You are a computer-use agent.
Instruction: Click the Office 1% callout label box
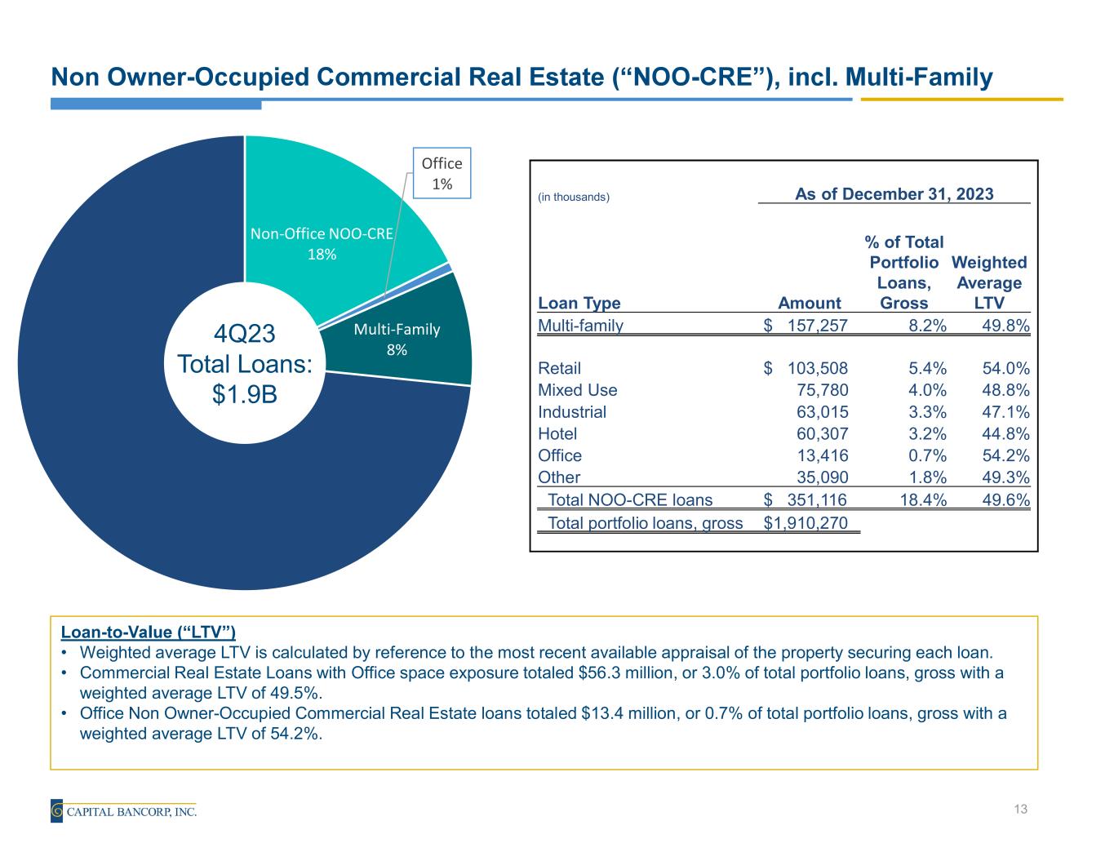pyautogui.click(x=442, y=173)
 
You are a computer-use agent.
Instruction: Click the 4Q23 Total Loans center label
pyautogui.click(x=245, y=363)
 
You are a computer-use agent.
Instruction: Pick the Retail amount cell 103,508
pyautogui.click(x=817, y=368)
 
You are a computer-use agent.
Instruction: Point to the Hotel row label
pyautogui.click(x=557, y=434)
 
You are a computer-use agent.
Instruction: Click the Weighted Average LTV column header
pyautogui.click(x=989, y=282)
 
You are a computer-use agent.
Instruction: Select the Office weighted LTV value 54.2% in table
pyautogui.click(x=1005, y=455)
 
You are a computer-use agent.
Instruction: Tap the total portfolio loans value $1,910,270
pyautogui.click(x=805, y=523)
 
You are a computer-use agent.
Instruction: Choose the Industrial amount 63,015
pyautogui.click(x=822, y=412)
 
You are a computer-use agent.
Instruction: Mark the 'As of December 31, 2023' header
pyautogui.click(x=894, y=193)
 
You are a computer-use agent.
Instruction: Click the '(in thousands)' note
pyautogui.click(x=574, y=197)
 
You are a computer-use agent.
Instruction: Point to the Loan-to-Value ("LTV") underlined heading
pyautogui.click(x=149, y=632)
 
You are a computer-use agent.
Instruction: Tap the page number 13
pyautogui.click(x=1019, y=810)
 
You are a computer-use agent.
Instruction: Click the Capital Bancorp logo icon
pyautogui.click(x=57, y=810)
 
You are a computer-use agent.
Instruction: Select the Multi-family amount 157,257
pyautogui.click(x=817, y=326)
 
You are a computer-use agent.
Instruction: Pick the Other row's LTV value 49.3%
pyautogui.click(x=1005, y=477)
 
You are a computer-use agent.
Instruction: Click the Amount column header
pyautogui.click(x=810, y=303)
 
